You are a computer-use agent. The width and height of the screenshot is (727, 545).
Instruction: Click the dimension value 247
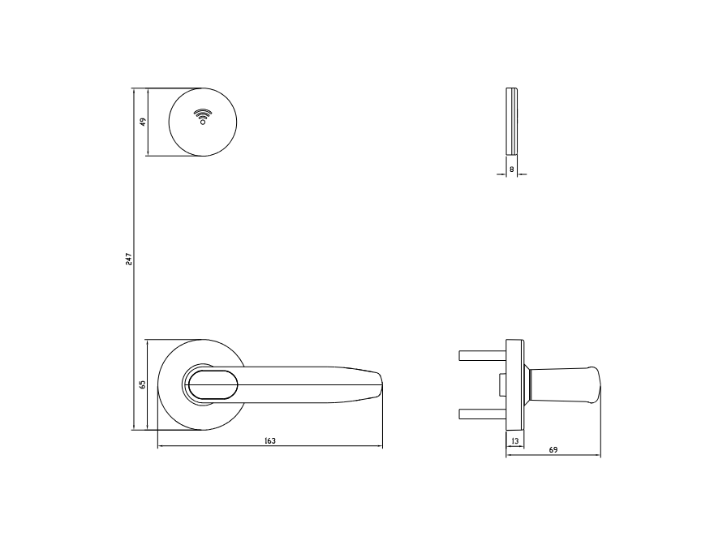(x=129, y=260)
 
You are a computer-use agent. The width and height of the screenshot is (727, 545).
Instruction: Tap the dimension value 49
(x=143, y=122)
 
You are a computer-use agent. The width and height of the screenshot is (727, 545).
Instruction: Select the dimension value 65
(x=142, y=384)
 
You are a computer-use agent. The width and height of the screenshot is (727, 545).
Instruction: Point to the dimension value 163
(x=270, y=441)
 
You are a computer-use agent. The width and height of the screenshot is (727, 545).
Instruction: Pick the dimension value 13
(x=514, y=441)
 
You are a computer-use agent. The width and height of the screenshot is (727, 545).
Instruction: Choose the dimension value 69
(x=553, y=449)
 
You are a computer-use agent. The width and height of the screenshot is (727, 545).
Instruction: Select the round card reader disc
(x=203, y=122)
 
